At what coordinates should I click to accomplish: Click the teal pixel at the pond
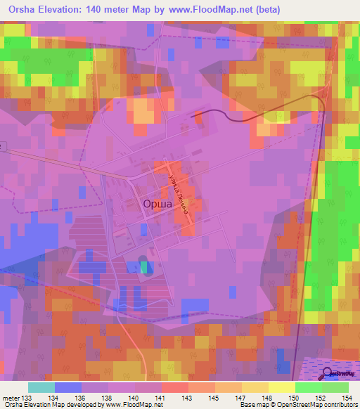144,267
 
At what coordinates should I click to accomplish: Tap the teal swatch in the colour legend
41,388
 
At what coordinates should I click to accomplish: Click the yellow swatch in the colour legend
281,388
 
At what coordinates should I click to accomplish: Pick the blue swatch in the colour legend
67,388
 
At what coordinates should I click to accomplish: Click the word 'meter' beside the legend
9,398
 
